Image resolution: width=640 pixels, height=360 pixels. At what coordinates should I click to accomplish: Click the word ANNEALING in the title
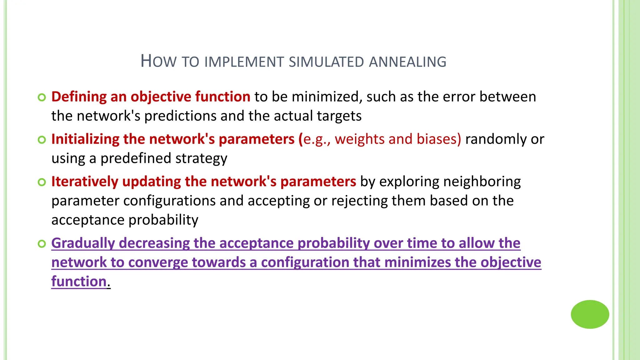pos(407,62)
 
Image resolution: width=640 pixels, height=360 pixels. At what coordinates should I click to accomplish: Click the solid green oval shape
pos(590,314)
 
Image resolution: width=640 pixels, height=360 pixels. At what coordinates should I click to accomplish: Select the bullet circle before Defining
pos(42,97)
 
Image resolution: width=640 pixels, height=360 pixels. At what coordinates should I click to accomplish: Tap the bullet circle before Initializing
pos(42,140)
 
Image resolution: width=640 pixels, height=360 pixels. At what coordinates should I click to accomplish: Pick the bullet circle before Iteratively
pos(42,182)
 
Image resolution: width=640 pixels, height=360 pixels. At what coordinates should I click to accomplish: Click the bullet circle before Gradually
pos(42,244)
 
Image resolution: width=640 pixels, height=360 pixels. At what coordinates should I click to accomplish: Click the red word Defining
pos(79,97)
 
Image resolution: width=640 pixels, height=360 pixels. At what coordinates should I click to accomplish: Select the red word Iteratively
pos(85,182)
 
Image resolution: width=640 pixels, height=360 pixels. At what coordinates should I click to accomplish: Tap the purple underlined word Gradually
pos(83,243)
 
